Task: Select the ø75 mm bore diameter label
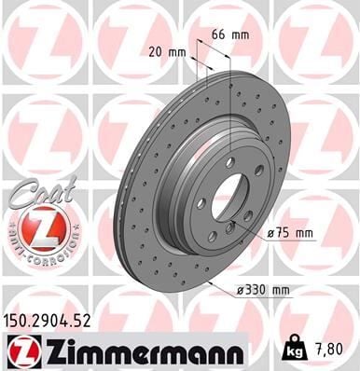pyautogui.click(x=288, y=234)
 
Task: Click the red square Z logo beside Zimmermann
pyautogui.click(x=21, y=350)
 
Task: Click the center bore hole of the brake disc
pyautogui.click(x=228, y=196)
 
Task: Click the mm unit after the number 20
pyautogui.click(x=176, y=54)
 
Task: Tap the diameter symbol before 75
pyautogui.click(x=270, y=234)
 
